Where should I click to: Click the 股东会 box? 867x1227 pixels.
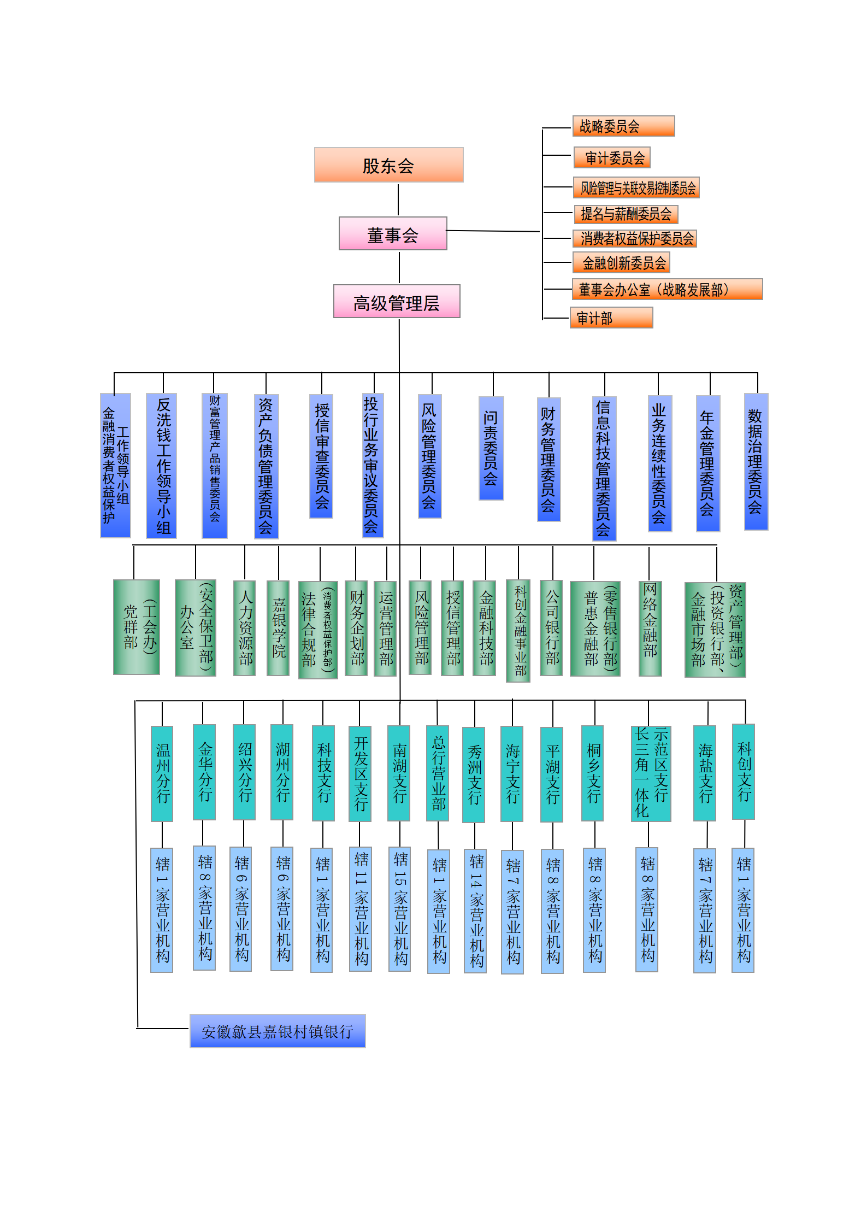(388, 165)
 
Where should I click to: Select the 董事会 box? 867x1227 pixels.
(393, 233)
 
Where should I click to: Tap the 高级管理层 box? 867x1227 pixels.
(397, 301)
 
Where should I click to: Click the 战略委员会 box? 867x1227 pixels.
(623, 126)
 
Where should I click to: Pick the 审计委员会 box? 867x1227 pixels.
(612, 157)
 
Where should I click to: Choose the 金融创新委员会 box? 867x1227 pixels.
(621, 262)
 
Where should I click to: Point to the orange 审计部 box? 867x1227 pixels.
(611, 318)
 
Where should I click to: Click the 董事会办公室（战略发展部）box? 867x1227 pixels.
(667, 289)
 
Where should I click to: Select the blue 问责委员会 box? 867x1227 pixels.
(491, 448)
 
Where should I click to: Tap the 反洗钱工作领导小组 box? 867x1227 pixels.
(161, 466)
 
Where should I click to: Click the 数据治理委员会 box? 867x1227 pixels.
(756, 462)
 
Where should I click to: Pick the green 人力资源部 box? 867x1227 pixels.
(245, 628)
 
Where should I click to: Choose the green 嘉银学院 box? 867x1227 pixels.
(278, 628)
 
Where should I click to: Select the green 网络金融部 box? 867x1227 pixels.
(650, 629)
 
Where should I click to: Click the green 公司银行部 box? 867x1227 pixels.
(551, 628)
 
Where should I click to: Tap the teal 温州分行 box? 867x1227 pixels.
(162, 773)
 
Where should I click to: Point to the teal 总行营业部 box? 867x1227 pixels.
(438, 773)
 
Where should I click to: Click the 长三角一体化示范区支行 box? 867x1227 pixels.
(651, 773)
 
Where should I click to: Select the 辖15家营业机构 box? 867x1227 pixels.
(399, 909)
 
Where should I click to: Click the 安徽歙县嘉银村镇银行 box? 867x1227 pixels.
(278, 1031)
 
